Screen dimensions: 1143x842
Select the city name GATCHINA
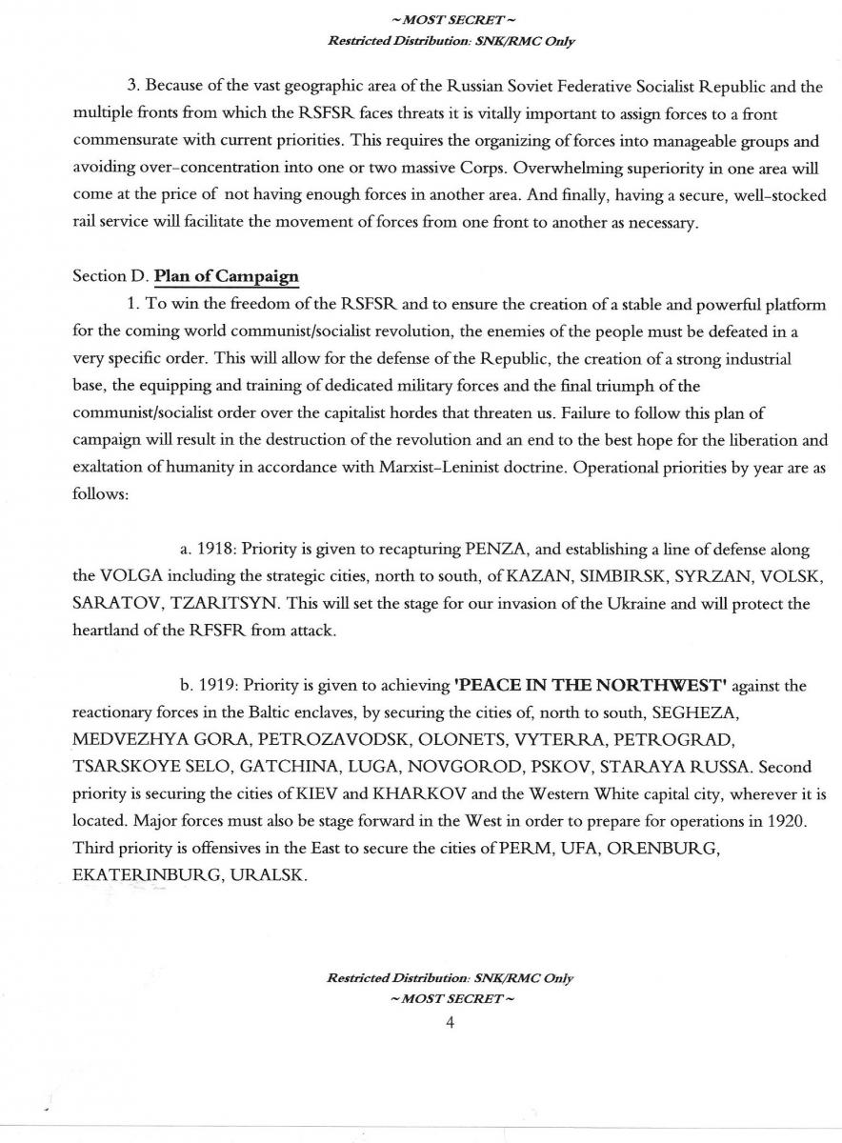pyautogui.click(x=251, y=765)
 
